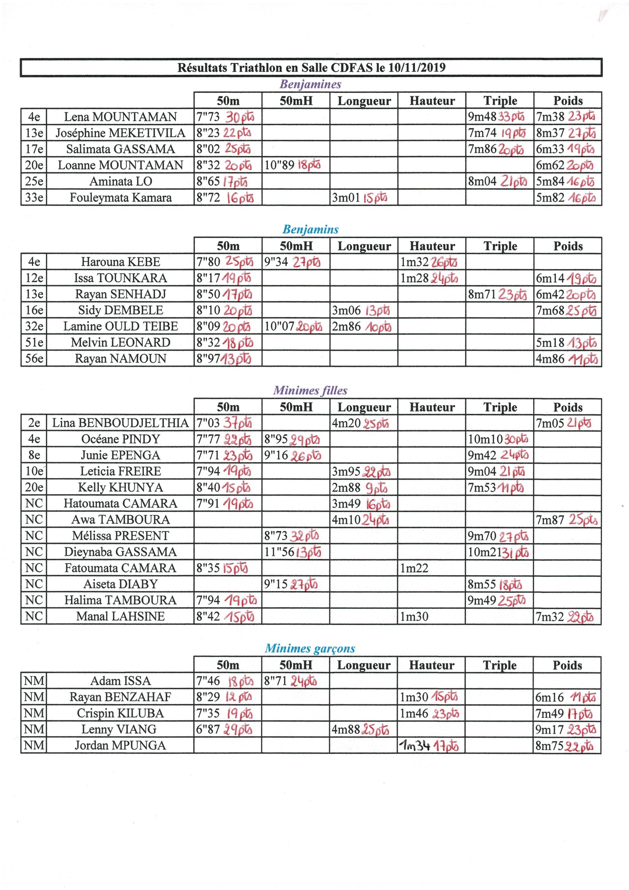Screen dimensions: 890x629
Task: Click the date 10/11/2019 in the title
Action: pyautogui.click(x=417, y=68)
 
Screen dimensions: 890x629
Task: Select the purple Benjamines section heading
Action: pyautogui.click(x=310, y=84)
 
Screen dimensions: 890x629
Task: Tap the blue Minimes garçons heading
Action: pyautogui.click(x=310, y=648)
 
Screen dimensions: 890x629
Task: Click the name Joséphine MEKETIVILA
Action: pyautogui.click(x=120, y=133)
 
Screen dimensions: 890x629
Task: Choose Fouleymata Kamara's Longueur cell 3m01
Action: pyautogui.click(x=346, y=198)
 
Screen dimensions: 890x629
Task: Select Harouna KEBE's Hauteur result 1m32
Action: pyautogui.click(x=414, y=262)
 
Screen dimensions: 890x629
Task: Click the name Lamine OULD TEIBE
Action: pyautogui.click(x=120, y=326)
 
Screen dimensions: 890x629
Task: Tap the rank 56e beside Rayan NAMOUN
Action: pyautogui.click(x=34, y=358)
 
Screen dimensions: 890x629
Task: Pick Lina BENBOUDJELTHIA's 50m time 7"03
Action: pyautogui.click(x=208, y=423)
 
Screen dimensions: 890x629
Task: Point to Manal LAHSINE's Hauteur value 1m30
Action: pyautogui.click(x=414, y=616)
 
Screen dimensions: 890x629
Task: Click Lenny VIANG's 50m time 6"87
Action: pyautogui.click(x=208, y=729)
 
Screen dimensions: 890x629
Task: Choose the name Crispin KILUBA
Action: pyautogui.click(x=120, y=713)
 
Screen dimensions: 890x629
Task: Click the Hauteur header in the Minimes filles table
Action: pyautogui.click(x=432, y=407)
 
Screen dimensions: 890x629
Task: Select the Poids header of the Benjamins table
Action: pyautogui.click(x=568, y=246)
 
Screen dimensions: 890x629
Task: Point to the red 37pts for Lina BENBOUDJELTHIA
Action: pyautogui.click(x=238, y=423)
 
